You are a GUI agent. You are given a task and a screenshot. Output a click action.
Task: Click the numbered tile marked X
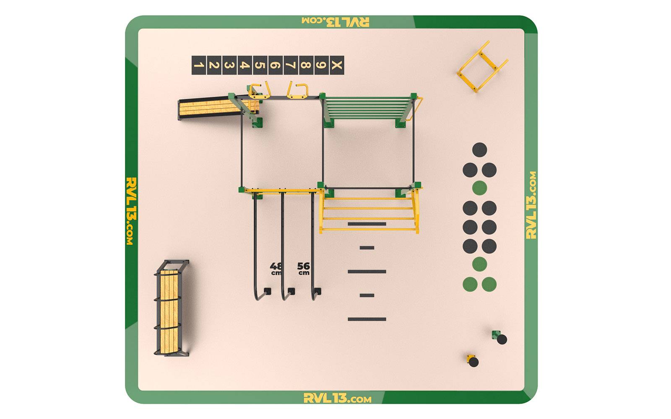pos(337,65)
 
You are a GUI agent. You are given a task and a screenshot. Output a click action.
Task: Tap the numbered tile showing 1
pos(199,65)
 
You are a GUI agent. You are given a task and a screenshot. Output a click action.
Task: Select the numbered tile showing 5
pos(260,65)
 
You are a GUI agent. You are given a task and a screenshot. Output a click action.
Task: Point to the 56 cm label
pos(304,269)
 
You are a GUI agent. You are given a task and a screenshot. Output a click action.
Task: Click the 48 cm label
pos(276,269)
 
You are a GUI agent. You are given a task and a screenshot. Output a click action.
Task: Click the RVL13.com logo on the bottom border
pos(338,398)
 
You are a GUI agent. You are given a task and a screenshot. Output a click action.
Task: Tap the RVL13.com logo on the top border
pos(335,22)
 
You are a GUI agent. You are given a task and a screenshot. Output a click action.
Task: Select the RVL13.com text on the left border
pos(132,211)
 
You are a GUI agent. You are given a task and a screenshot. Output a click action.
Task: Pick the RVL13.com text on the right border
pos(531,205)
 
